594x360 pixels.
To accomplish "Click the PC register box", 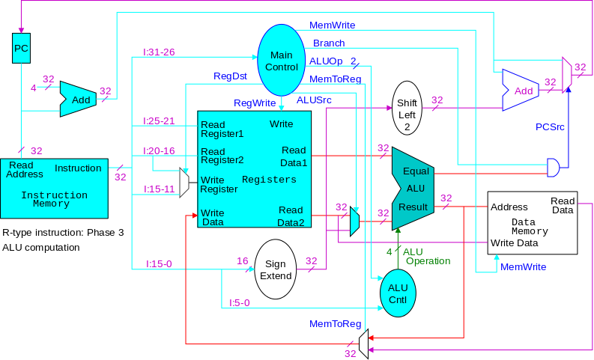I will (x=22, y=49).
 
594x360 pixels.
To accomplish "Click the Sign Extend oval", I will (x=276, y=269).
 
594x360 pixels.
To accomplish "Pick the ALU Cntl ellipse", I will (x=396, y=293).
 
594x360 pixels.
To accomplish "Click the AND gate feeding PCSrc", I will (x=554, y=168).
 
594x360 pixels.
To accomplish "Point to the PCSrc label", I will (x=550, y=126).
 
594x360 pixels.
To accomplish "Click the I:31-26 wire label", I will (x=159, y=52).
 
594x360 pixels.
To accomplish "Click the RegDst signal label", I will (x=230, y=76).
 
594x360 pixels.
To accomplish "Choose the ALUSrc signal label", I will (x=314, y=100).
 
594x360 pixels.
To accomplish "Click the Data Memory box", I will (x=532, y=222).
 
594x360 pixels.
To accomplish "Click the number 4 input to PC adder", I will (x=33, y=88).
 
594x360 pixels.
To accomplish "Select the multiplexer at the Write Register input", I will (x=184, y=182).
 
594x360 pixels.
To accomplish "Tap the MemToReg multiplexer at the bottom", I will (x=363, y=344).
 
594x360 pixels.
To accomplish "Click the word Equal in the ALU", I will (x=416, y=171).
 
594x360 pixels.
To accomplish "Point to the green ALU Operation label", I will (x=427, y=256).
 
